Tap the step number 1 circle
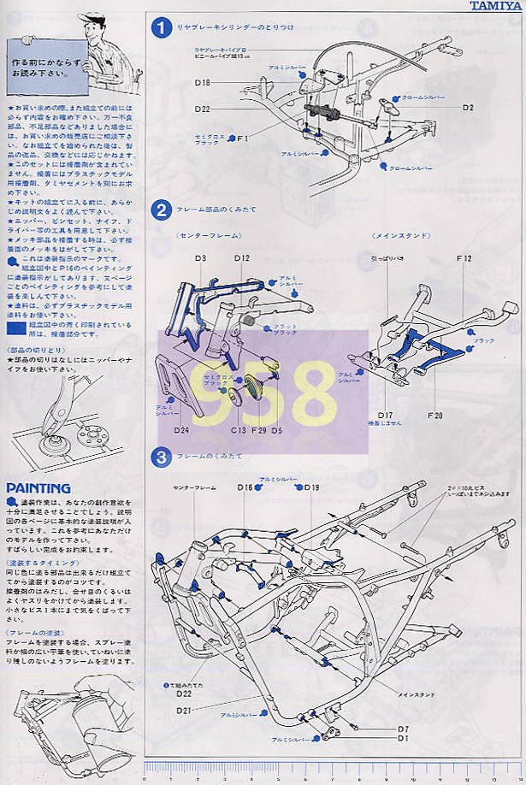(161, 27)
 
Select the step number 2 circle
(161, 210)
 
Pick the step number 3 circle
(161, 457)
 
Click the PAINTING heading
(38, 488)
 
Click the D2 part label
(468, 108)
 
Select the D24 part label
(181, 431)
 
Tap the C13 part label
(237, 431)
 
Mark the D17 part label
(385, 415)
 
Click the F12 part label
(464, 257)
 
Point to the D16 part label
(245, 487)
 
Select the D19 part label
(311, 487)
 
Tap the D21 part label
(184, 711)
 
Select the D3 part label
(201, 257)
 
